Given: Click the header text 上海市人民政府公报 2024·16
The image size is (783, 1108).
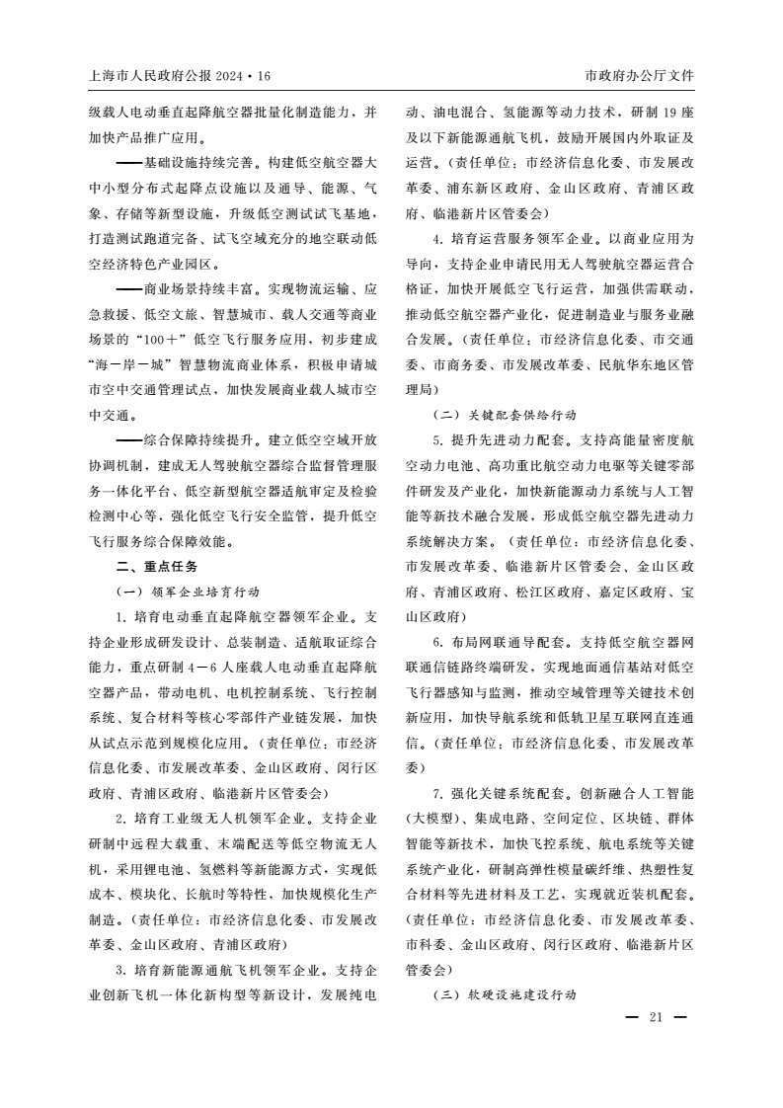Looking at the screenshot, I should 179,75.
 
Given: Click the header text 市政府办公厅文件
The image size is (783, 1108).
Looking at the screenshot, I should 640,75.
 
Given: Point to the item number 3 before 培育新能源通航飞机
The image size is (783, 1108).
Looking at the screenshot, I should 119,969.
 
